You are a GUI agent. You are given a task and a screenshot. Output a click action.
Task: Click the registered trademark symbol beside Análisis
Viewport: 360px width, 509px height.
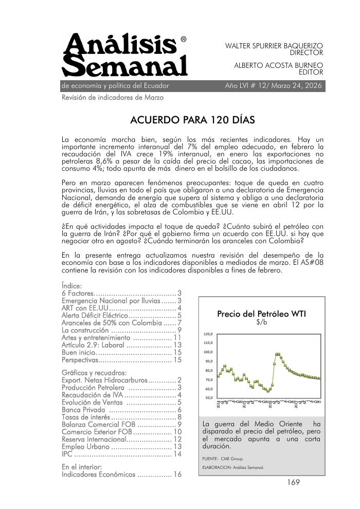click(x=184, y=39)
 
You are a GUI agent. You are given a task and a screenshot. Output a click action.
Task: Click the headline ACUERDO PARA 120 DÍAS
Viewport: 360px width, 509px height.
click(x=193, y=120)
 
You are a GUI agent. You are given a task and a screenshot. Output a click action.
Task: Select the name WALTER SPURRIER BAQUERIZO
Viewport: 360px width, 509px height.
click(x=274, y=46)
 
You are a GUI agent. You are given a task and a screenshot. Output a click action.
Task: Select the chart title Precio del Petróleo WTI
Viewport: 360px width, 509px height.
click(x=262, y=314)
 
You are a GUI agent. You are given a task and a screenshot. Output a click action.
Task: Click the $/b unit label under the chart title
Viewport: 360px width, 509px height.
click(x=262, y=323)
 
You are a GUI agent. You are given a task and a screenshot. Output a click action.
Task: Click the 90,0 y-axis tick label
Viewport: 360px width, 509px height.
click(x=210, y=361)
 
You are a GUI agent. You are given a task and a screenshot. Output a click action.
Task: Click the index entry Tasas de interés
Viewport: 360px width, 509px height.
click(x=85, y=417)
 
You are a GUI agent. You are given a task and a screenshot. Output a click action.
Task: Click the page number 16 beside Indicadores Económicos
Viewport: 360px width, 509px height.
click(x=177, y=474)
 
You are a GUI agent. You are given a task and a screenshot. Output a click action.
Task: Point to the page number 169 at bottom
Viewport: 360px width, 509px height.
click(x=294, y=482)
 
